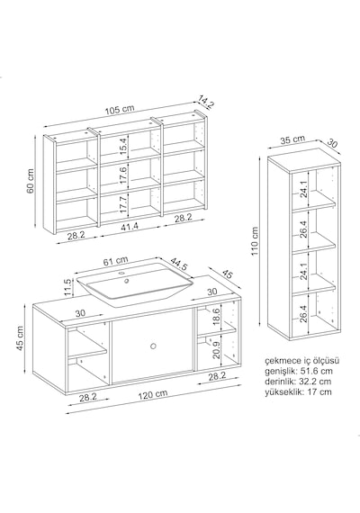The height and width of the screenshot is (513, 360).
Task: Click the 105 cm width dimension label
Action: point(120,109)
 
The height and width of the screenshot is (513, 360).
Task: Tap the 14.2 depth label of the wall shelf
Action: point(205,101)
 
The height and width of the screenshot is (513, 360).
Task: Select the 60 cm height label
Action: point(30,181)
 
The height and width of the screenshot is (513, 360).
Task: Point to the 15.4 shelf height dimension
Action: point(122,147)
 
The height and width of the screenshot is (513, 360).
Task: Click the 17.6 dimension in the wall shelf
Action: point(122,175)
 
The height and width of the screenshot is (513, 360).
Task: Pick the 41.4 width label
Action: point(130,226)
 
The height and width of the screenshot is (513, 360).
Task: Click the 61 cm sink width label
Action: point(115,261)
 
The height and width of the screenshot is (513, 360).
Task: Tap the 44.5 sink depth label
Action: point(179,264)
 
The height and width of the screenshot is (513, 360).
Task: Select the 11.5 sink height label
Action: point(67,288)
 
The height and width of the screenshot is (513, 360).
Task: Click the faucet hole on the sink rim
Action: point(121,272)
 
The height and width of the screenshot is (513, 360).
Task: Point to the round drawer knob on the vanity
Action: point(153,346)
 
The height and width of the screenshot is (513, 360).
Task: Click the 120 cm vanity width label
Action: point(153,394)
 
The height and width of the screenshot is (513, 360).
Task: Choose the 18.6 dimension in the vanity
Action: point(216,317)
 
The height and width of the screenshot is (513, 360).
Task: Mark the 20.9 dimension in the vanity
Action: point(216,350)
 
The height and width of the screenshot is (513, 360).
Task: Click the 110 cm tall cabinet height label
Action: point(255,242)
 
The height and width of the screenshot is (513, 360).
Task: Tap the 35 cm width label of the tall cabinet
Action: point(292,139)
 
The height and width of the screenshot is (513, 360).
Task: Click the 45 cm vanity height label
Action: point(21,338)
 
